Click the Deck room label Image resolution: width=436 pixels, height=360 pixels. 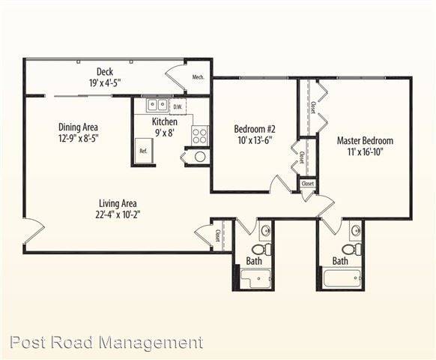pyautogui.click(x=105, y=72)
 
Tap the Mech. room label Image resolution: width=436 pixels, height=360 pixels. pyautogui.click(x=199, y=77)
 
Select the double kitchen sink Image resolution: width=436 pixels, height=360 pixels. pyautogui.click(x=157, y=105)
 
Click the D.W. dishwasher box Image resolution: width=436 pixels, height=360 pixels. pyautogui.click(x=178, y=106)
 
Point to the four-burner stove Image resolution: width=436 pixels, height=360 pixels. pyautogui.click(x=200, y=136)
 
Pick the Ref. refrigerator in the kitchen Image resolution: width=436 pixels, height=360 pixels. pyautogui.click(x=144, y=151)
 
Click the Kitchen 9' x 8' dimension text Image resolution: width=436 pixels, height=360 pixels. pyautogui.click(x=165, y=133)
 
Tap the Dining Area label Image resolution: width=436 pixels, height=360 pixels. pyautogui.click(x=78, y=127)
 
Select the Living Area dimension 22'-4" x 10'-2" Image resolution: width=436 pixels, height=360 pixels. pyautogui.click(x=118, y=214)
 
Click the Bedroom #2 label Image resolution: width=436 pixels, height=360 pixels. pyautogui.click(x=255, y=129)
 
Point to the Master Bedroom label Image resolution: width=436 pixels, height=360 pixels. pyautogui.click(x=365, y=140)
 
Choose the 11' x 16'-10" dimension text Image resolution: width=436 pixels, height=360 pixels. pyautogui.click(x=366, y=152)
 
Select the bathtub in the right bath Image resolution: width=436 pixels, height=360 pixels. pyautogui.click(x=342, y=277)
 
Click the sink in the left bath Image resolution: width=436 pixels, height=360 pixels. pyautogui.click(x=266, y=230)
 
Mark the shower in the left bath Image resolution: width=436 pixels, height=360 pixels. pyautogui.click(x=255, y=278)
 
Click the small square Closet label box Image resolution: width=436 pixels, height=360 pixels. pyautogui.click(x=308, y=184)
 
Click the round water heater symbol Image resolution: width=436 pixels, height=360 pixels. pyautogui.click(x=200, y=157)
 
